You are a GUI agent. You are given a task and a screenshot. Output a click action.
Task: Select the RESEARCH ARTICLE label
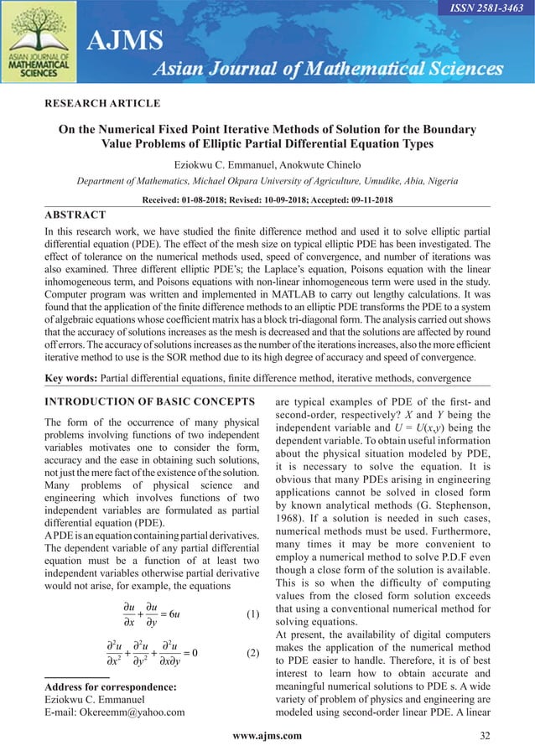click(x=102, y=104)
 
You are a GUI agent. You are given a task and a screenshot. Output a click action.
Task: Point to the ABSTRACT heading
click(x=75, y=215)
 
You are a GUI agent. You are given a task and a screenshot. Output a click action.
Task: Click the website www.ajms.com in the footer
click(x=267, y=736)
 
